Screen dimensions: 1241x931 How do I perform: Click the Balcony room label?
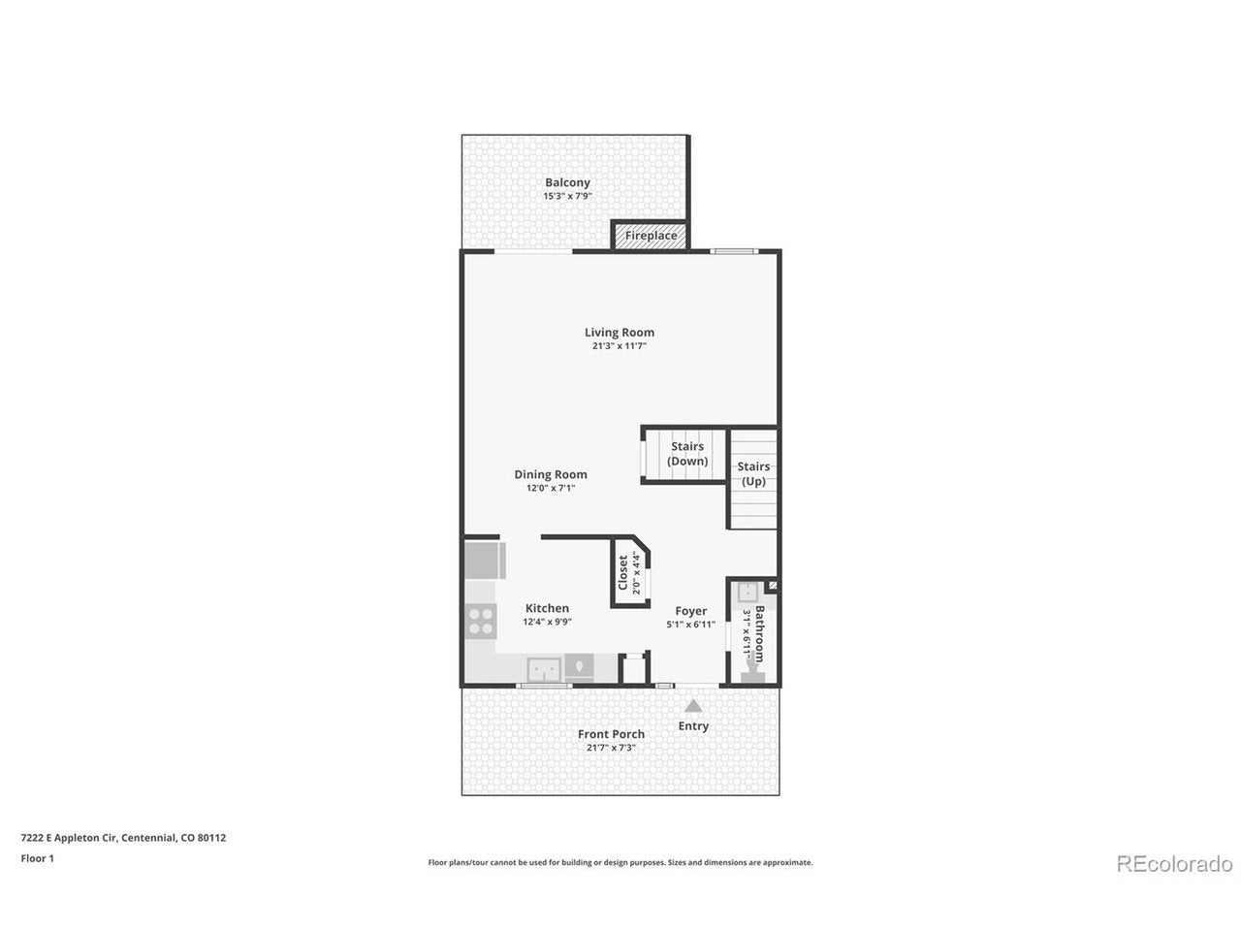[x=567, y=182]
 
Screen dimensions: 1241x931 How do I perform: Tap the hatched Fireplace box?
[x=651, y=235]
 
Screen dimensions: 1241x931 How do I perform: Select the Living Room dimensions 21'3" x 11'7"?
[x=620, y=346]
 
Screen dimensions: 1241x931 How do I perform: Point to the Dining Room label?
[x=550, y=474]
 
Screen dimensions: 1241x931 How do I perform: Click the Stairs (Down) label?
[x=687, y=453]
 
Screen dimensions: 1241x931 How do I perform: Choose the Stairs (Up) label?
[x=753, y=473]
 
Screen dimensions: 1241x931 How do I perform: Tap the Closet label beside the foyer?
[x=622, y=572]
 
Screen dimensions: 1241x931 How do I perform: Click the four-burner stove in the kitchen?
[x=481, y=621]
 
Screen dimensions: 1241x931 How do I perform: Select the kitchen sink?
[x=544, y=670]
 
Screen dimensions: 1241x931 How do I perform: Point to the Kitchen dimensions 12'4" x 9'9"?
[x=547, y=622]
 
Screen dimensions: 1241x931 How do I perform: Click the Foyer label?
[x=690, y=611]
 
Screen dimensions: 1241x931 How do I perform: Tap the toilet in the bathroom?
[x=753, y=673]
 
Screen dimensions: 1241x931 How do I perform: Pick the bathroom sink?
[x=748, y=593]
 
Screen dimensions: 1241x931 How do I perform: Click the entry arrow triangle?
[x=693, y=705]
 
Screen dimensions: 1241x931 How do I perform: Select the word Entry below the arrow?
[x=693, y=725]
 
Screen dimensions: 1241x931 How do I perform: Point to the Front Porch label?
[x=611, y=734]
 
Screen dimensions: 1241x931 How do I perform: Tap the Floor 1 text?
[x=37, y=858]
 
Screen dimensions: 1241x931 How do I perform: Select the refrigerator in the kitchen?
[x=485, y=561]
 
